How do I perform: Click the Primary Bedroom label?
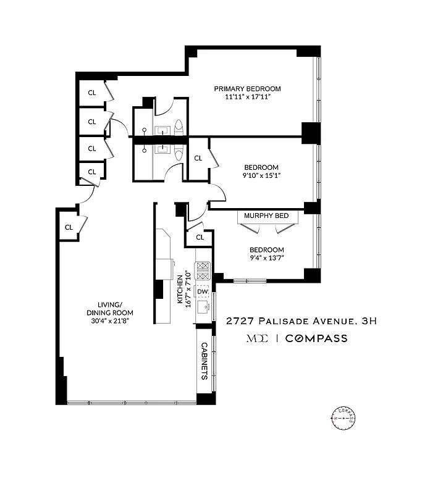tap(247, 88)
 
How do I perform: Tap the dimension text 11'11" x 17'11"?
tap(247, 97)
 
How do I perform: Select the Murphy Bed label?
tap(266, 216)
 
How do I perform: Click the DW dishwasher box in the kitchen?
tap(202, 291)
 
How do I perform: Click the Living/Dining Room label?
tap(109, 308)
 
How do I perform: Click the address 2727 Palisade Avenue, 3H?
tap(301, 320)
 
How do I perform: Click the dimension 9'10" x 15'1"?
tap(261, 175)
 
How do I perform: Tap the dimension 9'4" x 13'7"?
tap(266, 258)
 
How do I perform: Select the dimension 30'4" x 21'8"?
tap(109, 320)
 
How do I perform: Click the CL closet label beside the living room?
tap(69, 227)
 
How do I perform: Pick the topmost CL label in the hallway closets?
tap(91, 93)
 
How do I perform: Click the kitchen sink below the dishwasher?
tap(203, 306)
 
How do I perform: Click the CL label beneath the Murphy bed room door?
tap(200, 237)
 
